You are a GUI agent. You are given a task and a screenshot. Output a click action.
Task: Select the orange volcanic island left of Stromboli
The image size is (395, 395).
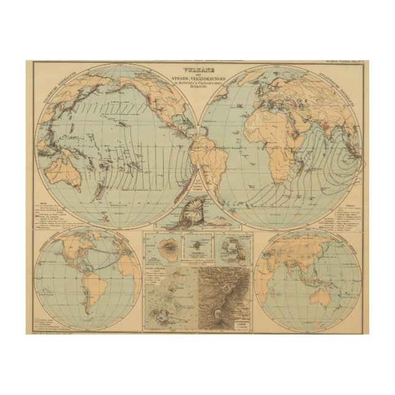[166, 251]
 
